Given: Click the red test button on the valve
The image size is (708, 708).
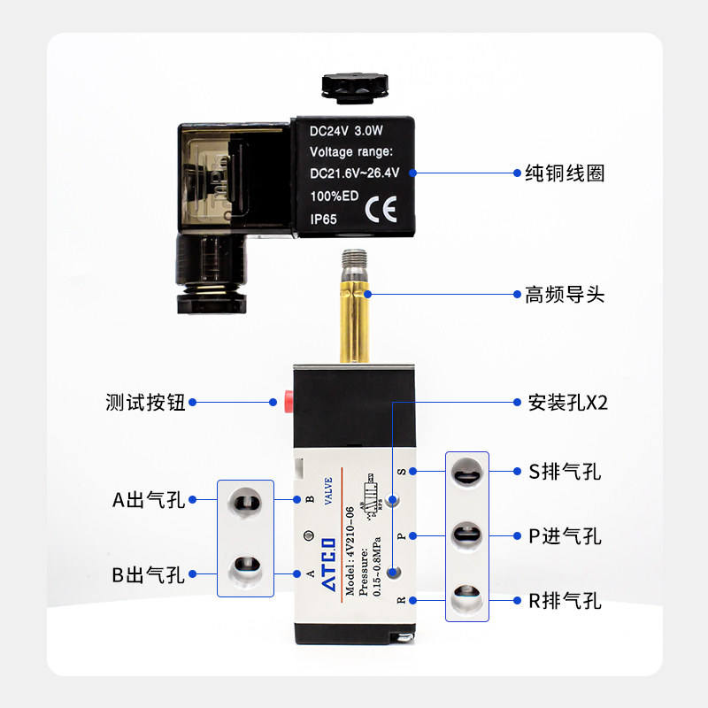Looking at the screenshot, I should [288, 399].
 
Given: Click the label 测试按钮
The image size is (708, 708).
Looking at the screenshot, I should [145, 403].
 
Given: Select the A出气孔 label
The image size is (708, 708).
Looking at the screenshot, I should [148, 500].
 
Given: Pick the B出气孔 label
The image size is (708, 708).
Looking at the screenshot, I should [148, 575].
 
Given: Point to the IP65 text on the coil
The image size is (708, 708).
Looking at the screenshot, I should [324, 218].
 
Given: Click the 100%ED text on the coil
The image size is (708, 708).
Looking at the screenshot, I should [334, 196].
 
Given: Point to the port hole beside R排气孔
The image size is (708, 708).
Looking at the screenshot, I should [466, 598].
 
